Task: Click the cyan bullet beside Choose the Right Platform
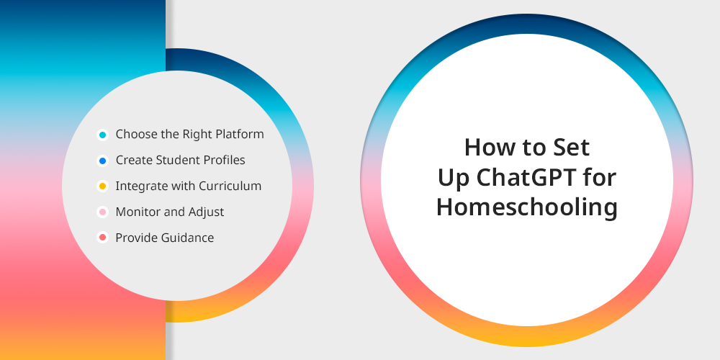tap(102, 135)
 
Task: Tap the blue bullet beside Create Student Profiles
tap(102, 161)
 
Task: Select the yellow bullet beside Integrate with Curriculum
tap(102, 186)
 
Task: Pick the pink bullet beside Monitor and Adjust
tap(102, 212)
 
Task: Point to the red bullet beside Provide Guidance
tap(102, 238)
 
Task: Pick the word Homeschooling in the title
tap(527, 207)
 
